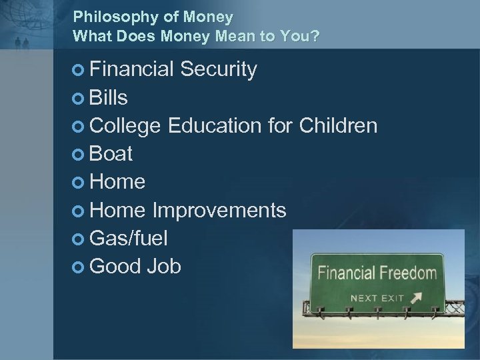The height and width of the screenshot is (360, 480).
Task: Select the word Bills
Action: coord(109,98)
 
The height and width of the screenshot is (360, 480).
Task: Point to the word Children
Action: coord(339,125)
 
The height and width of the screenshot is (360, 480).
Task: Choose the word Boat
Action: coord(111,154)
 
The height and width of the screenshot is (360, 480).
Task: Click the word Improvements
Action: coord(219,210)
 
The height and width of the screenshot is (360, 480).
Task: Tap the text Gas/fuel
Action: coord(128,238)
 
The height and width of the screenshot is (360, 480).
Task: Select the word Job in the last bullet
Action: coord(165,266)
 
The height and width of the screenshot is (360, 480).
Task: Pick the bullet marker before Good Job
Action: coord(79,267)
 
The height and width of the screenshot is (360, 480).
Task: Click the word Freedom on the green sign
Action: coord(409,273)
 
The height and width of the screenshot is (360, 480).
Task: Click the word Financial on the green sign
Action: coord(347,273)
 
